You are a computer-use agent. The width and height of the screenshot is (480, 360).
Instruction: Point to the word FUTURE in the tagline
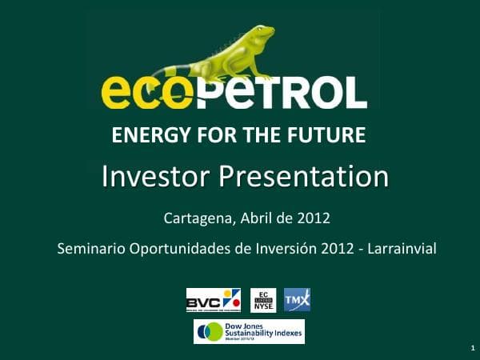(x=327, y=135)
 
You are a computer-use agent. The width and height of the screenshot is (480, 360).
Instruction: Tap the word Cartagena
(x=195, y=217)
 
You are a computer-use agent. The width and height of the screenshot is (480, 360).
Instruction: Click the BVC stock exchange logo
(x=213, y=300)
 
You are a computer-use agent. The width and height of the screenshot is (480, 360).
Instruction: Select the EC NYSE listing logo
(x=263, y=300)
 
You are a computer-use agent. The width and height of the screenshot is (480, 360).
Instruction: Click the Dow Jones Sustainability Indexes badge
(x=249, y=331)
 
